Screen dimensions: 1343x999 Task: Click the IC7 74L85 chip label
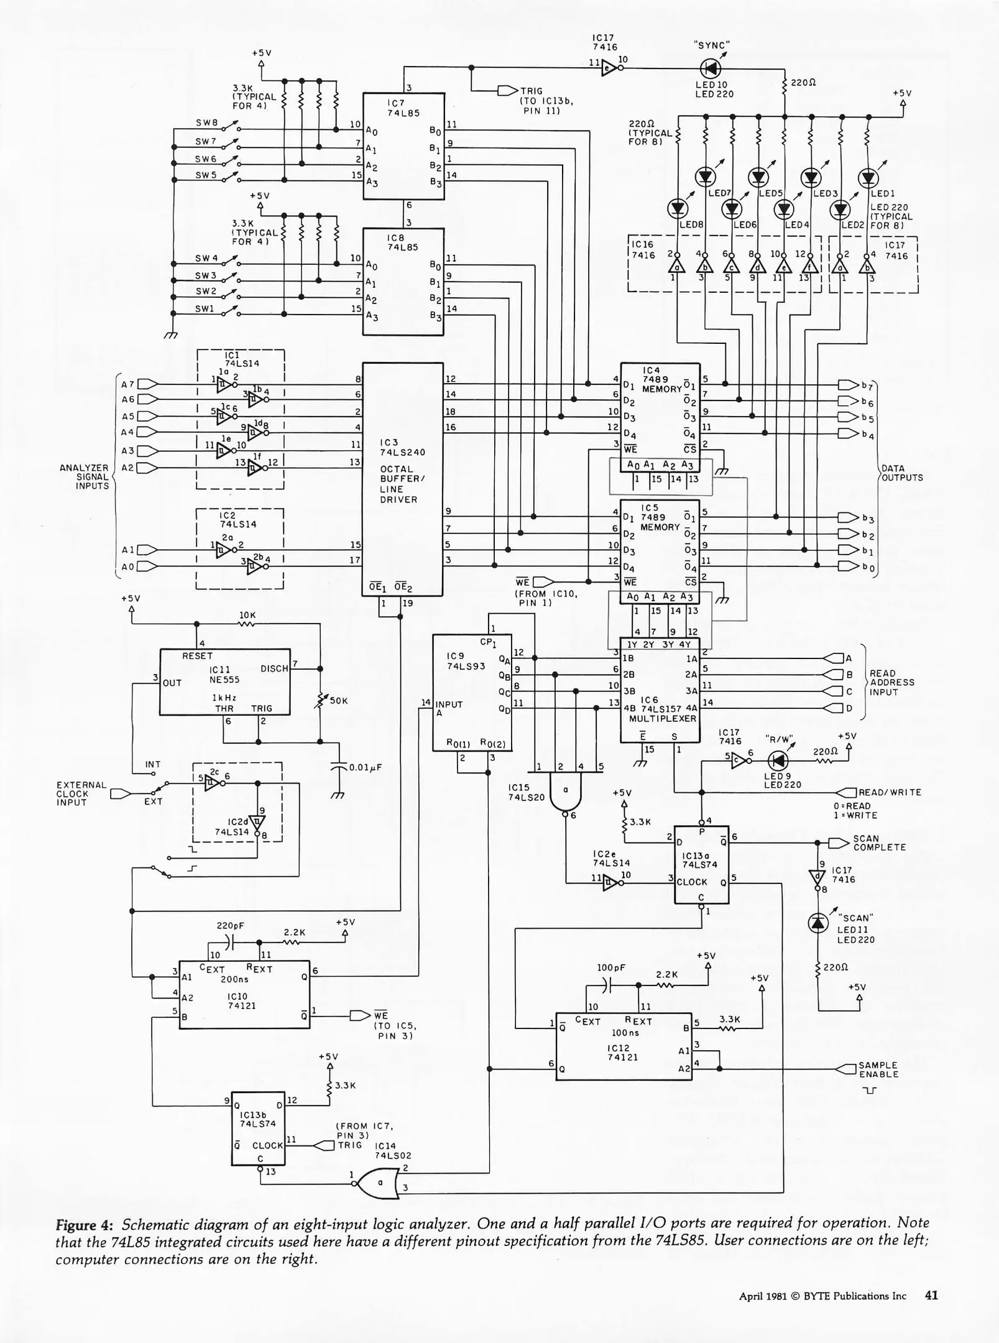click(396, 108)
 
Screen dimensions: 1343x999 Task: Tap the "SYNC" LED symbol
click(711, 68)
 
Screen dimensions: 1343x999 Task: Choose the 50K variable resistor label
click(339, 701)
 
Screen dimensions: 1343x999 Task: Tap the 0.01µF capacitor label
click(365, 767)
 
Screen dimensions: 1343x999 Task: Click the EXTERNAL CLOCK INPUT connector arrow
click(121, 794)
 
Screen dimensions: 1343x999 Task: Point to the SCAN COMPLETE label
click(879, 843)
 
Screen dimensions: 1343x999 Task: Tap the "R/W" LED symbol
click(778, 760)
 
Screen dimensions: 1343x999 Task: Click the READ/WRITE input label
click(890, 793)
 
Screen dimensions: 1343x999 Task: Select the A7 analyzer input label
click(128, 384)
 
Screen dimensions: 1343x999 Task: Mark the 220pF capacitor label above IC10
click(230, 926)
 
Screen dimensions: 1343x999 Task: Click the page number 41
click(931, 1296)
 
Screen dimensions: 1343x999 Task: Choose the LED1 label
click(883, 194)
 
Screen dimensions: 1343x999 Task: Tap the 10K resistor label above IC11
click(247, 616)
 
